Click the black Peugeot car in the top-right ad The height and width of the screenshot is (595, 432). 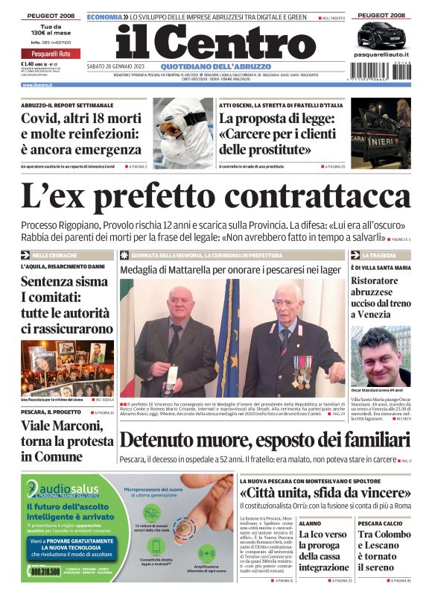point(381,34)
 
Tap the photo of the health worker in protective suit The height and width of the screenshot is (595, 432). point(183,133)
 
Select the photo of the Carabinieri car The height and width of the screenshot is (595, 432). point(381,133)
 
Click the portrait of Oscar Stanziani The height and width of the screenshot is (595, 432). point(381,356)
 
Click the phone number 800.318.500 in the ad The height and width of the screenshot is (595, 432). point(46,570)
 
